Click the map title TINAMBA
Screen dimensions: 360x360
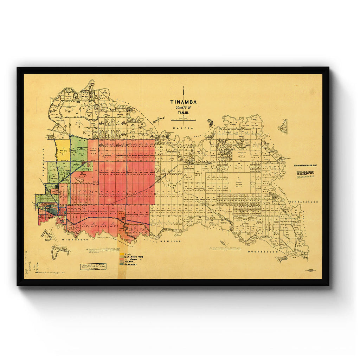[184, 102]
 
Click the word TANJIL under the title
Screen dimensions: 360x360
[183, 113]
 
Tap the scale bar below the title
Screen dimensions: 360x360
[183, 120]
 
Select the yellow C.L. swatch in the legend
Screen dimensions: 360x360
[122, 254]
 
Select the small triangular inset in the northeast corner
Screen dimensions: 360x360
[283, 127]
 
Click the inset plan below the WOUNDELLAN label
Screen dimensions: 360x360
[281, 259]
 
